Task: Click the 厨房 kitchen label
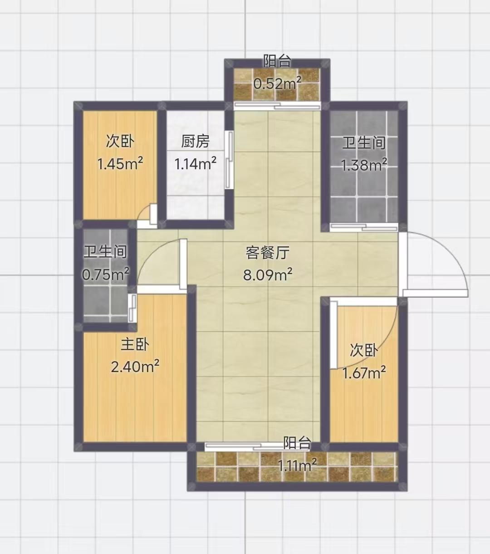195,142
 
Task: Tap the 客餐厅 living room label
267,252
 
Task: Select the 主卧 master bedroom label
135,344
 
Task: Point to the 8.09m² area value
268,275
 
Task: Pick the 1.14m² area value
195,163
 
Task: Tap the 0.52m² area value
277,83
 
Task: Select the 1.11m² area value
297,465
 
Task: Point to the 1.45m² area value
120,163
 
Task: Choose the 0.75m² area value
106,274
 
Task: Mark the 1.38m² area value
364,165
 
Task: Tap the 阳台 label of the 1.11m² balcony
297,443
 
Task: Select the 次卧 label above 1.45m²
120,142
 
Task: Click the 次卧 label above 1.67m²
364,350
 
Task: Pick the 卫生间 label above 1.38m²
364,143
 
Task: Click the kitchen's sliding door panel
229,160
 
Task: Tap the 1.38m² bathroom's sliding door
364,227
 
